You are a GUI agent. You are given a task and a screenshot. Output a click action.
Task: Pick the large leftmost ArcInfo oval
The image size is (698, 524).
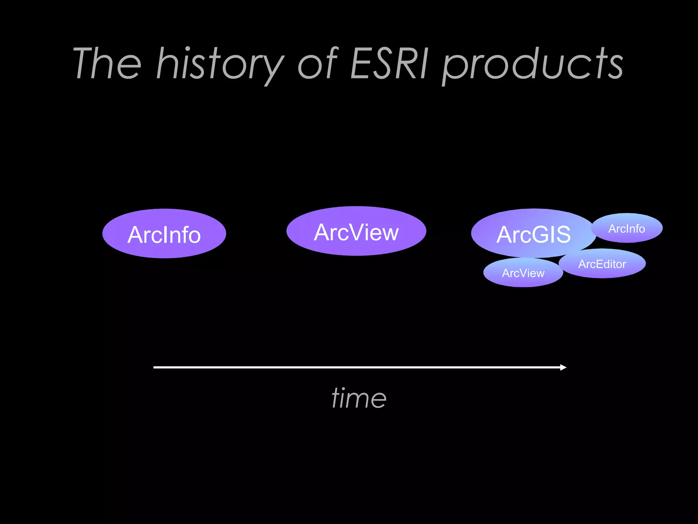tap(164, 234)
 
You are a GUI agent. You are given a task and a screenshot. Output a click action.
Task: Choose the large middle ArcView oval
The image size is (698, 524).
tap(356, 231)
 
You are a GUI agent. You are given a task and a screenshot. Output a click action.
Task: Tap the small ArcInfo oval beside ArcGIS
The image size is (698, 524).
tap(627, 228)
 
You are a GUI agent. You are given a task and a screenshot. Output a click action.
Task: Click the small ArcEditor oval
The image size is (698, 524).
tap(602, 264)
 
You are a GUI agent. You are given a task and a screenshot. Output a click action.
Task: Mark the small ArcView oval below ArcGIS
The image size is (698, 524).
tap(523, 273)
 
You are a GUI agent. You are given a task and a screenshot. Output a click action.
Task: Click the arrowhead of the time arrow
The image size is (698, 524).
tap(563, 367)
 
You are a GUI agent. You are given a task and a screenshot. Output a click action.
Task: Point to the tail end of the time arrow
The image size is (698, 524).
tap(155, 367)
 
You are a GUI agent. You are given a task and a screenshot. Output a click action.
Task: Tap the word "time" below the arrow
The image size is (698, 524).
tap(359, 398)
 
